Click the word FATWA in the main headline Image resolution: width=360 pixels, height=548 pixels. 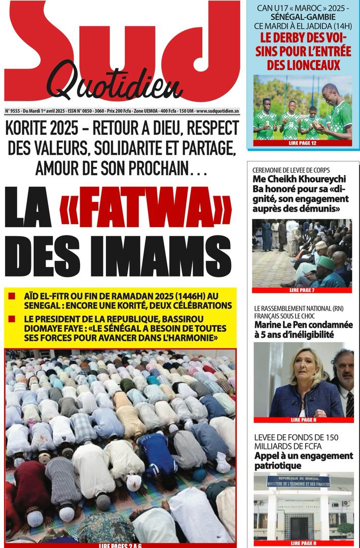tap(146, 209)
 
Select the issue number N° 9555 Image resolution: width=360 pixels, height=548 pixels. tap(15, 110)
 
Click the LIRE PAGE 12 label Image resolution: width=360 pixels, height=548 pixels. tap(302, 144)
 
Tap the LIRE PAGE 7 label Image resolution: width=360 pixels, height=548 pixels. tap(302, 290)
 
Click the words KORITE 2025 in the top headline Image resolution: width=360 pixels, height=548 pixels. tap(51, 129)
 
